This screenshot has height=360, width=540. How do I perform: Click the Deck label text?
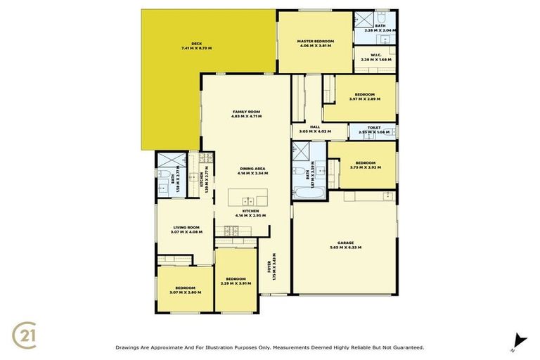point(186,43)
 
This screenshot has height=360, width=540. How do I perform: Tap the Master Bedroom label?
point(316,42)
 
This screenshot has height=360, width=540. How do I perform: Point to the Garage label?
point(344,242)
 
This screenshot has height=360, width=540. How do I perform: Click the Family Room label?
point(247,112)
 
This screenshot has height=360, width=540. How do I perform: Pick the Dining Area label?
point(253,168)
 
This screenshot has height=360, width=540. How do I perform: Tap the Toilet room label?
point(374,127)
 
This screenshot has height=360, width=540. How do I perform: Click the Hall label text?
point(305,127)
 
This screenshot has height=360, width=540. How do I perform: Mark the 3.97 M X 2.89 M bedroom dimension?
point(364,99)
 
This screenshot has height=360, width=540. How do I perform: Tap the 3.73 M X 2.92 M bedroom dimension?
point(365,168)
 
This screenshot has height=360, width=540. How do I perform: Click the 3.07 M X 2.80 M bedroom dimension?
point(185,292)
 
